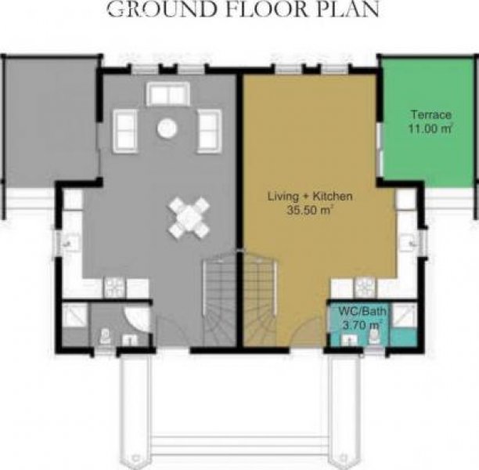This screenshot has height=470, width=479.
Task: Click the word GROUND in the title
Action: [161, 9]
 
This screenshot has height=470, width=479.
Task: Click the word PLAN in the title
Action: [345, 9]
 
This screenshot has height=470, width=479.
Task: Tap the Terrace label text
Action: [431, 114]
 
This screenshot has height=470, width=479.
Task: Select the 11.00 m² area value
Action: [430, 128]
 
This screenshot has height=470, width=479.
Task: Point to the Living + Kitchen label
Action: [310, 196]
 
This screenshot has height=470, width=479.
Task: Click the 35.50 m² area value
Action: [309, 210]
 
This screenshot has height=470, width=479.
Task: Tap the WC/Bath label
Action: [362, 311]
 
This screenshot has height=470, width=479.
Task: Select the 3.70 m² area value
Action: [362, 325]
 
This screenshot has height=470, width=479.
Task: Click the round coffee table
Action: [167, 128]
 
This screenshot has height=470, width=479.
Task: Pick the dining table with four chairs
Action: [189, 218]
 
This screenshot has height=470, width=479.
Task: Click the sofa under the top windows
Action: [168, 94]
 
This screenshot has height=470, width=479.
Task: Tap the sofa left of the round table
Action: [125, 131]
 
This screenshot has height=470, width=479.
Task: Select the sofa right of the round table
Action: [210, 131]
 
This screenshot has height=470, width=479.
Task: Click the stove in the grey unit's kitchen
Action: [114, 287]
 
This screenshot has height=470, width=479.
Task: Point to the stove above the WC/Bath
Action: [365, 287]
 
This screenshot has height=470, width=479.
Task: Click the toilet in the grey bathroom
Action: [105, 337]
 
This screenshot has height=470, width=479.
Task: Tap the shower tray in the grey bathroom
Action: [74, 315]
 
